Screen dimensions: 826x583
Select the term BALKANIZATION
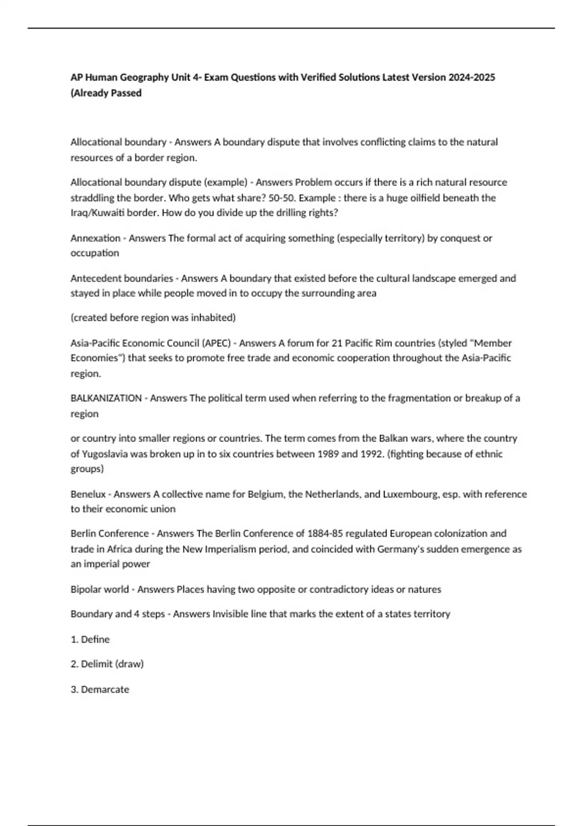pos(106,398)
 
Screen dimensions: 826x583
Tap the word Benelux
pos(88,494)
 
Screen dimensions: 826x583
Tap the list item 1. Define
pos(90,639)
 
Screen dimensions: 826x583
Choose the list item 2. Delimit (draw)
pos(107,664)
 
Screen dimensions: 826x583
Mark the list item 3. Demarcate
pos(100,689)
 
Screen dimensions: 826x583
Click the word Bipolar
pos(86,589)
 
